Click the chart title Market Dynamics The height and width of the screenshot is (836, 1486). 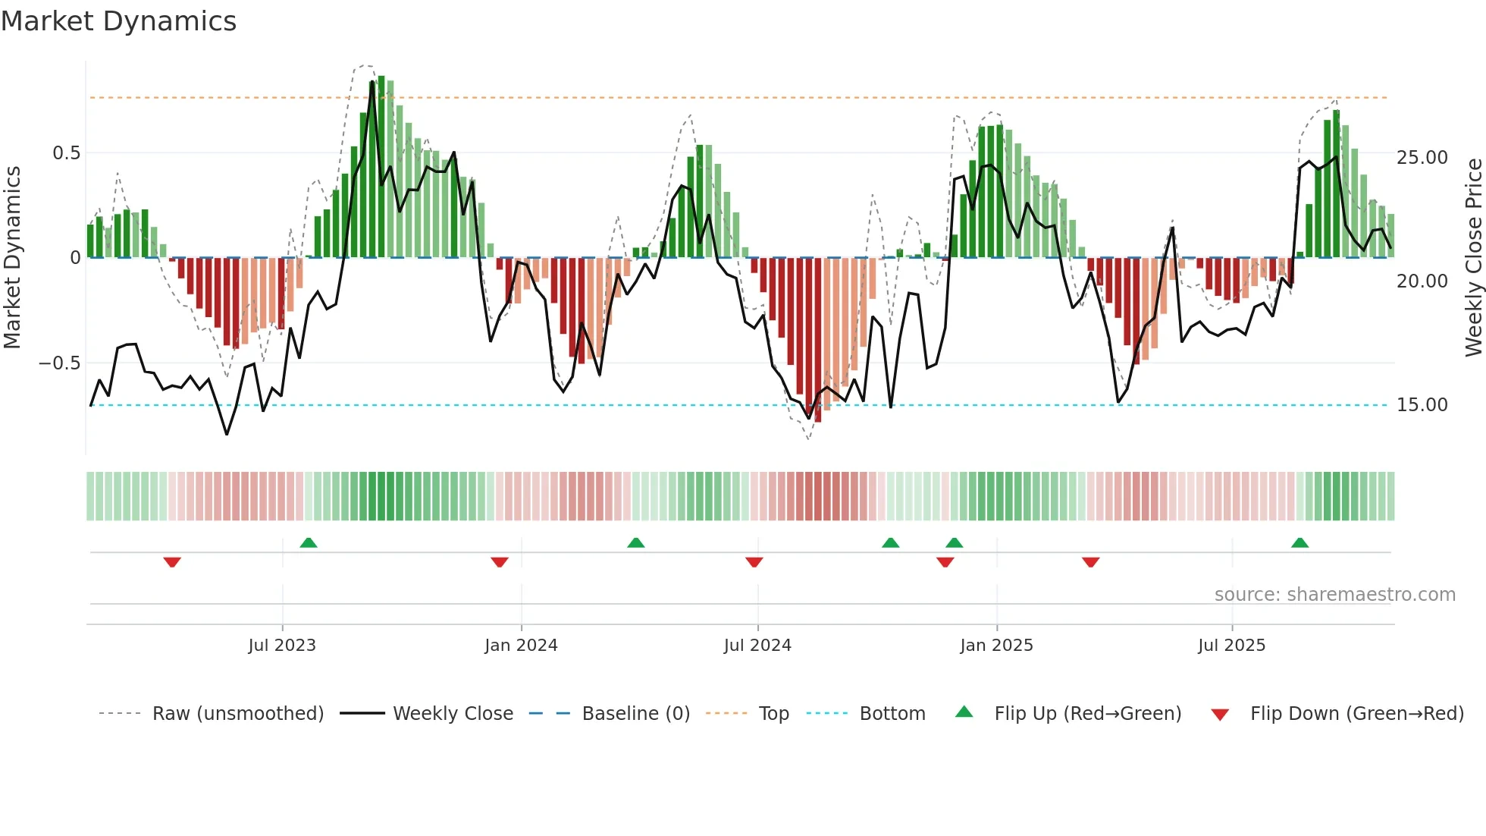118,21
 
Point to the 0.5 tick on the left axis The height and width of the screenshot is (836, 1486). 66,153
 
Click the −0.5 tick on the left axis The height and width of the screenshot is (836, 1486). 59,363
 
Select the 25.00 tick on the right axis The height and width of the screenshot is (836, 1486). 1422,158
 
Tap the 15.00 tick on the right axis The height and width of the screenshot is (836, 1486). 1422,405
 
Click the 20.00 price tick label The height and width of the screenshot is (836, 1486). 1422,281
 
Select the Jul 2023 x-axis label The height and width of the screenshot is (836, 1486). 282,646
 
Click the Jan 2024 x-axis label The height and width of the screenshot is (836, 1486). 521,646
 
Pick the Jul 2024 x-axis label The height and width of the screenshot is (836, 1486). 757,646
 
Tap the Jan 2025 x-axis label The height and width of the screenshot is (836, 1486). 996,646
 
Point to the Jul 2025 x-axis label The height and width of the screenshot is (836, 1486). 1231,646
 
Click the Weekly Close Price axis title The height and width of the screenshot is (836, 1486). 1473,257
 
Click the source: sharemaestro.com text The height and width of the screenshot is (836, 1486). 1334,595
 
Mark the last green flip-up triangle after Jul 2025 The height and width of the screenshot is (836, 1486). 1299,542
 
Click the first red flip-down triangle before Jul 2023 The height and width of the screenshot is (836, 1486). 172,562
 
